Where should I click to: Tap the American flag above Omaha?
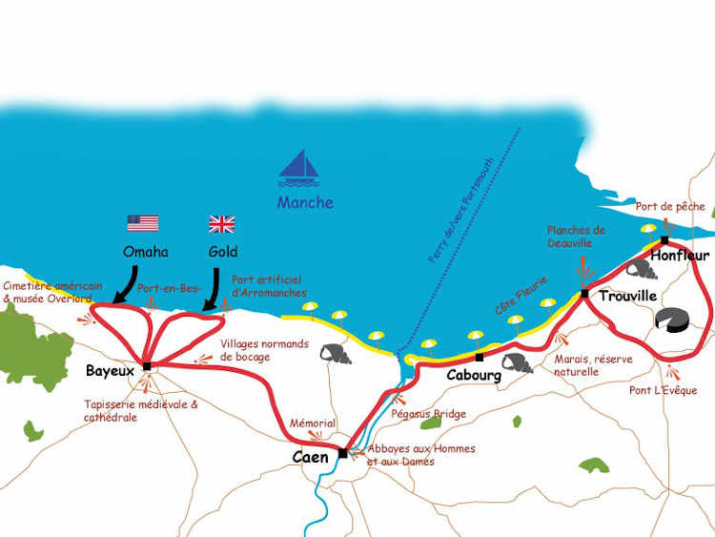click(143, 223)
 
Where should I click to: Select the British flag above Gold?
click(221, 223)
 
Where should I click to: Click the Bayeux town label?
click(110, 370)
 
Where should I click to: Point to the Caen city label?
click(310, 458)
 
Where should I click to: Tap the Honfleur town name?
click(681, 256)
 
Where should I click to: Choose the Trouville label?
click(627, 297)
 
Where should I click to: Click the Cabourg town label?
click(474, 375)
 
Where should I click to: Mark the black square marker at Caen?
click(342, 453)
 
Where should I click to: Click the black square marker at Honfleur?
click(664, 239)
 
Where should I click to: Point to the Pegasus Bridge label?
click(429, 414)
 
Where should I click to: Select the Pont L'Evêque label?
click(664, 390)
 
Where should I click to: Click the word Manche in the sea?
click(305, 202)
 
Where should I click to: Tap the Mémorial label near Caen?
click(313, 423)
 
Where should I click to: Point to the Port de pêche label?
click(670, 206)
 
